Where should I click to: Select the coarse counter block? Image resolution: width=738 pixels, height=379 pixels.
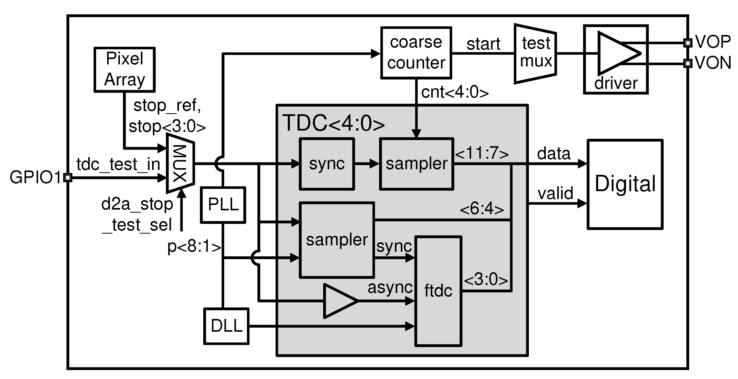(416, 53)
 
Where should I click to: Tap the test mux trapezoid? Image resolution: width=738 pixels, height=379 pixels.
(536, 54)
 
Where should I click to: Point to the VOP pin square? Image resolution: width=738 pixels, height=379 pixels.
(688, 43)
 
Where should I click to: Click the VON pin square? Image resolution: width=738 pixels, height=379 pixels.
(688, 63)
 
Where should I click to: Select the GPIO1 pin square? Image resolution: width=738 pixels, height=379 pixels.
(67, 178)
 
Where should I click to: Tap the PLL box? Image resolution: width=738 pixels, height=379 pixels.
(223, 205)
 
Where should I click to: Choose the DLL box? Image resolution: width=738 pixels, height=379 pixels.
(226, 326)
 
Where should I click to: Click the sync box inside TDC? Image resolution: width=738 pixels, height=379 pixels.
(327, 164)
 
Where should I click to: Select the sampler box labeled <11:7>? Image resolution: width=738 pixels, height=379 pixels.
(416, 164)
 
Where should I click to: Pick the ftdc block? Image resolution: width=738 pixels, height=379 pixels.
(438, 291)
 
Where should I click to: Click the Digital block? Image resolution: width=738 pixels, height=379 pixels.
(625, 184)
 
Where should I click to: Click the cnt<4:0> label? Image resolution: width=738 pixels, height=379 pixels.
(455, 93)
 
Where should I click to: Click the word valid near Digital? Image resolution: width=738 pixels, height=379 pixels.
(555, 194)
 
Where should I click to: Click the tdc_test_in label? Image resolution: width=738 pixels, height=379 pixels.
(118, 165)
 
